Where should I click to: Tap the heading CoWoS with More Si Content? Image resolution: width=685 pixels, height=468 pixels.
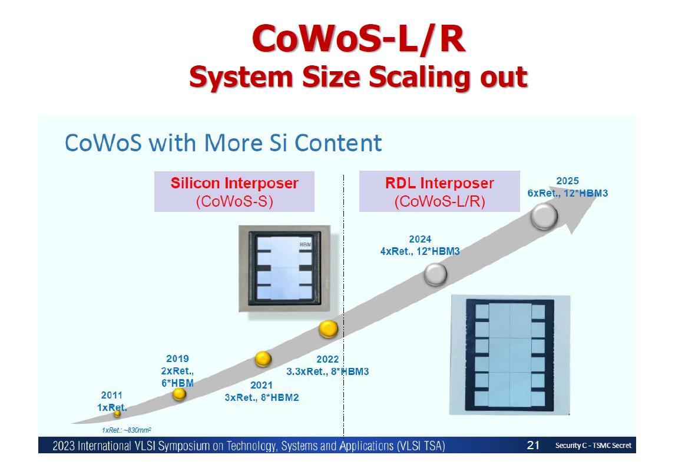coord(223,143)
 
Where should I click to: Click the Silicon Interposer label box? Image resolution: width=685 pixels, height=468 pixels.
coord(234,191)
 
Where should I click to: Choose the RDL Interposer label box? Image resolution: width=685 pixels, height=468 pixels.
coord(439,191)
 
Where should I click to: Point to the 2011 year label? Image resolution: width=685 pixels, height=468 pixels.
coord(111,396)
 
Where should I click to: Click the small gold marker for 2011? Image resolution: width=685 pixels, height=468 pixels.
coord(117,413)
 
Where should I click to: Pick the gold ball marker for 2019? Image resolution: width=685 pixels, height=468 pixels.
coord(180,394)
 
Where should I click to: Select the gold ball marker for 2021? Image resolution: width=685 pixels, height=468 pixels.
coord(263,359)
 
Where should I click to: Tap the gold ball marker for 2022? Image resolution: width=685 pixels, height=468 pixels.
coord(329,328)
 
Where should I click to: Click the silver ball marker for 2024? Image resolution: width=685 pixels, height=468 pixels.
coord(436,273)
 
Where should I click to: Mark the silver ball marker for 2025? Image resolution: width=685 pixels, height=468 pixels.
coord(544,217)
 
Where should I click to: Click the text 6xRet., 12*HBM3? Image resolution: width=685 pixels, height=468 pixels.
coord(567,193)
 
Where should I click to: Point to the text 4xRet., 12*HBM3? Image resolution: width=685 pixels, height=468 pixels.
coord(420,251)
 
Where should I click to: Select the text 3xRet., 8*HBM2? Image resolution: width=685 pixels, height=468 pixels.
coord(262,397)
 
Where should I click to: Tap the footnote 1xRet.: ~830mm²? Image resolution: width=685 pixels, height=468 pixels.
coord(127,430)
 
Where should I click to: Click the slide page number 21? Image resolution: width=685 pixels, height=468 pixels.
coord(533,445)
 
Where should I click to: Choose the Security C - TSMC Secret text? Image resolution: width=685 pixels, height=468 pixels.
coord(593,446)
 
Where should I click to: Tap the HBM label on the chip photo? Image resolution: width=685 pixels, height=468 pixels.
coord(305,244)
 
